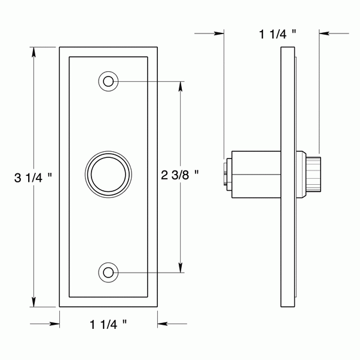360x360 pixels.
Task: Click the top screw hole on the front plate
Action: coord(108,81)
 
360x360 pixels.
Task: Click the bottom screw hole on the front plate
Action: coord(108,273)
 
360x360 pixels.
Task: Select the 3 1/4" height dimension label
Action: coord(33,177)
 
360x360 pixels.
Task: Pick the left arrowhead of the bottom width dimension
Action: coord(54,325)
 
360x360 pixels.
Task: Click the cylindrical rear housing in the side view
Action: coord(255,174)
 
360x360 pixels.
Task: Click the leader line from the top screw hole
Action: coord(150,81)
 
